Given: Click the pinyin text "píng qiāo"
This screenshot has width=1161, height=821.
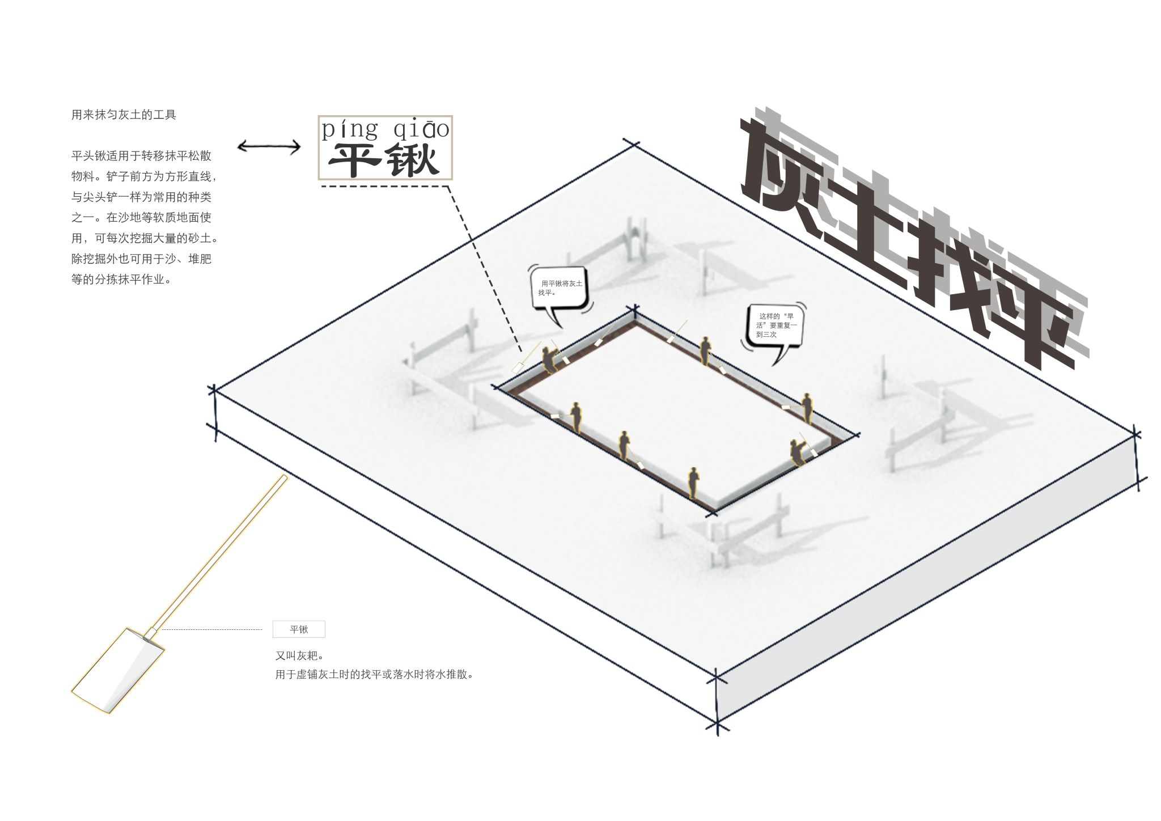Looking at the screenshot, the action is coord(385,129).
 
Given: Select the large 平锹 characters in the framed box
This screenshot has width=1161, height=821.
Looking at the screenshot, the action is coord(385,160).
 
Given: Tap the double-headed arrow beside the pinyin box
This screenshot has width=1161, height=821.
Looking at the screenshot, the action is coord(269,147).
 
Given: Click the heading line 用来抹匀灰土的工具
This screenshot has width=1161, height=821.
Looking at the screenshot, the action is coord(124,115).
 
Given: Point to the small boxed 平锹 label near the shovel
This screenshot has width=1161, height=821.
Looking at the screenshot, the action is coord(299,629).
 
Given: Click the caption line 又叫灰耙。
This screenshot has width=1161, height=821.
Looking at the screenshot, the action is coord(299,656).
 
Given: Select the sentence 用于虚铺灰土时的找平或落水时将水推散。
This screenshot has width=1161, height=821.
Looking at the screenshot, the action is coord(374,675).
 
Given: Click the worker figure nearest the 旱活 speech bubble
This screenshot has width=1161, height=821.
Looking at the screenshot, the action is coord(705,350).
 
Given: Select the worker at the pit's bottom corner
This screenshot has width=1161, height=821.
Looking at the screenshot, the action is coord(692,483).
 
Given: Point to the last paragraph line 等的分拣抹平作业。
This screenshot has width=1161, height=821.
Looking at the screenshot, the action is coord(121,280).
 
